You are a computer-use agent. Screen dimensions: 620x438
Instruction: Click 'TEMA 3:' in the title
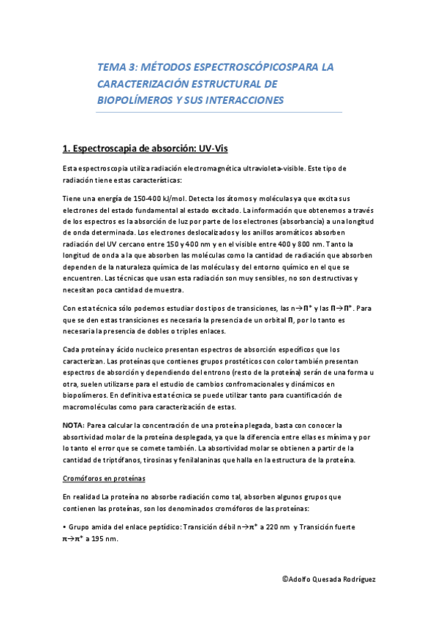pyautogui.click(x=117, y=67)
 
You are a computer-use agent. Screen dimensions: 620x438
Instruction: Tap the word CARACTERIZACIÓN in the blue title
pyautogui.click(x=143, y=83)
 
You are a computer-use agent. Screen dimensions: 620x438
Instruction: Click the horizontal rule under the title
pyautogui.click(x=219, y=112)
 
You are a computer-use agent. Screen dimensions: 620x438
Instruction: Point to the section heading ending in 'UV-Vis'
pyautogui.click(x=146, y=149)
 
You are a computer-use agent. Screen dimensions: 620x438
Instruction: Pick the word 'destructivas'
pyautogui.click(x=347, y=278)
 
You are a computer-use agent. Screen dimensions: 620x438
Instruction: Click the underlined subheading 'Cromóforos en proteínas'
pyautogui.click(x=104, y=477)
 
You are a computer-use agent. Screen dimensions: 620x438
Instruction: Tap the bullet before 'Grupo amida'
pyautogui.click(x=64, y=526)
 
